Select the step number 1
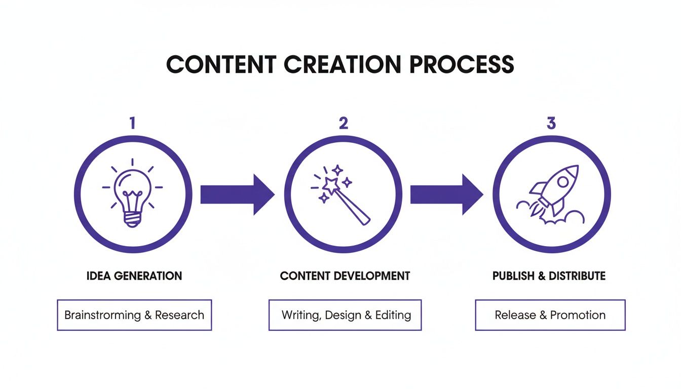pyautogui.click(x=132, y=123)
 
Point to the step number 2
pyautogui.click(x=343, y=123)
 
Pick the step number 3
pyautogui.click(x=551, y=123)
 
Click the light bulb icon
pyautogui.click(x=132, y=194)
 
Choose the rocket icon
pyautogui.click(x=551, y=194)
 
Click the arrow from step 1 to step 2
pyautogui.click(x=237, y=194)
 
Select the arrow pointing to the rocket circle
pyautogui.click(x=446, y=194)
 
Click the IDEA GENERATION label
pyautogui.click(x=134, y=276)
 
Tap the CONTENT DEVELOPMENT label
pyautogui.click(x=345, y=276)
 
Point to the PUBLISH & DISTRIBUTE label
pyautogui.click(x=549, y=276)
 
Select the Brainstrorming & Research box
pyautogui.click(x=134, y=315)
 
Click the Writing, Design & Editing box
pyautogui.click(x=345, y=315)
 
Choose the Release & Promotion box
pyautogui.click(x=550, y=315)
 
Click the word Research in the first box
pyautogui.click(x=179, y=315)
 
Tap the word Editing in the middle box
pyautogui.click(x=393, y=315)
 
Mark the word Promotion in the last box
pyautogui.click(x=578, y=315)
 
